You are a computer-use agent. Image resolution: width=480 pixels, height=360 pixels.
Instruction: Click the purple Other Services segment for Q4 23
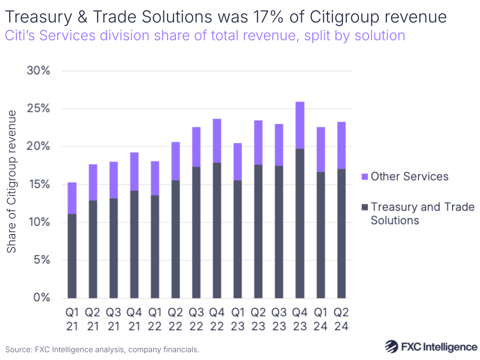(300, 125)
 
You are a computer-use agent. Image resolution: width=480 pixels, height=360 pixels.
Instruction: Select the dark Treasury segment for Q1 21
(72, 256)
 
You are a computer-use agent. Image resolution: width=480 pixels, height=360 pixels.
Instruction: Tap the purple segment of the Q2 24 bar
(341, 145)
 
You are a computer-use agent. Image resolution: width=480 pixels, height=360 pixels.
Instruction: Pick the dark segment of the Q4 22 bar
(217, 230)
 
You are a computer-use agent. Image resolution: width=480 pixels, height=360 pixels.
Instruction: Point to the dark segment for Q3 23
(279, 232)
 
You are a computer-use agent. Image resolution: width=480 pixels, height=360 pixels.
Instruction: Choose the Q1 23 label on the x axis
(238, 319)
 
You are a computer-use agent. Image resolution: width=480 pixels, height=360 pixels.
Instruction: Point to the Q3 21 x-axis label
(113, 319)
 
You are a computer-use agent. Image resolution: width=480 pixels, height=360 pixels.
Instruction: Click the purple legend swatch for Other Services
(364, 177)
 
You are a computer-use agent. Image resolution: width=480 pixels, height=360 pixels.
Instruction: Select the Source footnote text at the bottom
(102, 349)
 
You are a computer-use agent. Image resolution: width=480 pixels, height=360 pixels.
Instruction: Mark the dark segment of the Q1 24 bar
(320, 235)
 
